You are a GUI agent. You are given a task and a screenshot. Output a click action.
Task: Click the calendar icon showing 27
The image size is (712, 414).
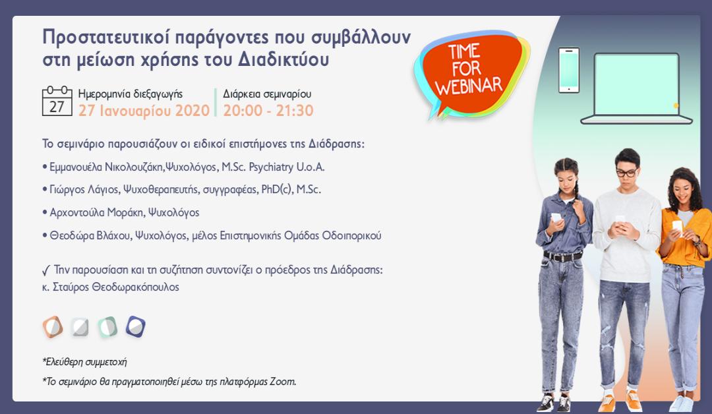[57, 101]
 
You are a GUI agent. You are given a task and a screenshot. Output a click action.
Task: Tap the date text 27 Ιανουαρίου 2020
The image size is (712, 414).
[144, 110]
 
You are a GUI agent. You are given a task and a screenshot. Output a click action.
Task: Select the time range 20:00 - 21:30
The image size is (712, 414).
[268, 110]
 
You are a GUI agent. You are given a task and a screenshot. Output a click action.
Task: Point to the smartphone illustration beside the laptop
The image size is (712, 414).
[568, 71]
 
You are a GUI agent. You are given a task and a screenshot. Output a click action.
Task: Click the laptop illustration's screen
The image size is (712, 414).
[637, 84]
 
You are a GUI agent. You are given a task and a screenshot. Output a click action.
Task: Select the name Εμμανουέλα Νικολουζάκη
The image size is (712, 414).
[105, 167]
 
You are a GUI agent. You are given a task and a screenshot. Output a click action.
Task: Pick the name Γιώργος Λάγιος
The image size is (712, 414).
[84, 189]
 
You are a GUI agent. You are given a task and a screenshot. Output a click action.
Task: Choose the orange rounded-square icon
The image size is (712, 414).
[53, 327]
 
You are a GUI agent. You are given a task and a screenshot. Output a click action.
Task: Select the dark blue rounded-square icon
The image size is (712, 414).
[135, 326]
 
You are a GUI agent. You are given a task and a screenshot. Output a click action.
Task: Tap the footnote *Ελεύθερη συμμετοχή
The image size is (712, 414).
[84, 362]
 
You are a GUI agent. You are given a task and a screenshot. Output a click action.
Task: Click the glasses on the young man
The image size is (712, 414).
[627, 173]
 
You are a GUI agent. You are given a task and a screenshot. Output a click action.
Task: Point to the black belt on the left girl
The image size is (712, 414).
[562, 256]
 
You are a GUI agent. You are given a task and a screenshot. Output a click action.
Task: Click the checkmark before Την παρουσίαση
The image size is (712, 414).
[46, 271]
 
